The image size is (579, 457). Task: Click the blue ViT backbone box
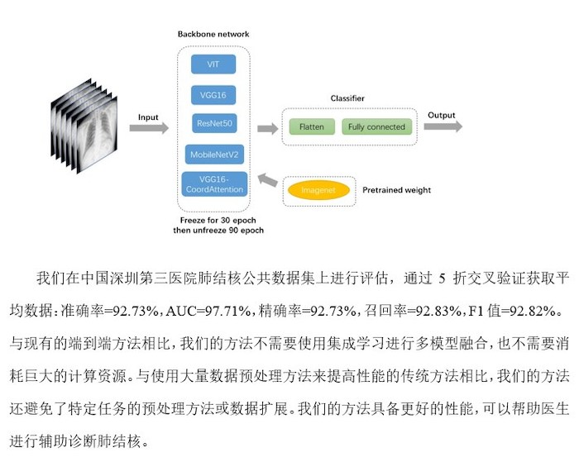[x=213, y=64]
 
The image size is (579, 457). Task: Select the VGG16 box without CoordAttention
[x=213, y=95]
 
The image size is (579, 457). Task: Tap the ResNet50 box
[x=214, y=123]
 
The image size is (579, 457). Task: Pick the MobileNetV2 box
[x=214, y=155]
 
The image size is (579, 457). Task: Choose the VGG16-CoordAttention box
[x=214, y=184]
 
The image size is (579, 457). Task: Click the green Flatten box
[x=312, y=127]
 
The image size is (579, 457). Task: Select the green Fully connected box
[x=376, y=127]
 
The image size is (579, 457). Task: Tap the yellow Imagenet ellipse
[x=318, y=190]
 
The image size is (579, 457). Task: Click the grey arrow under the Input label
[x=149, y=128]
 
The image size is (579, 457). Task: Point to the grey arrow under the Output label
[x=443, y=126]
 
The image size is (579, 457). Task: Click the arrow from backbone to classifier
[x=268, y=129]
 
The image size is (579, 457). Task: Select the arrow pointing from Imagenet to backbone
[x=268, y=180]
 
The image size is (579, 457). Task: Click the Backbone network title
[x=213, y=34]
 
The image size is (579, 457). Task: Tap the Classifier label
[x=347, y=98]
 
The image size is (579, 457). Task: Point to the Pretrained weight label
[x=396, y=190]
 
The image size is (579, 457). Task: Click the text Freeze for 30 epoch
[x=218, y=220]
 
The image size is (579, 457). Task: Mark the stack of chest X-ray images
[x=84, y=126]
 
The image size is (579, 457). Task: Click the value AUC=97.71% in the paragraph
[x=208, y=311]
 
